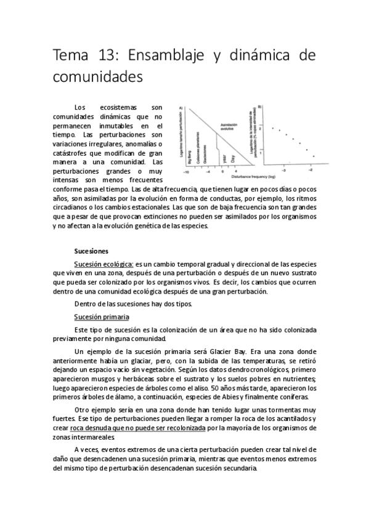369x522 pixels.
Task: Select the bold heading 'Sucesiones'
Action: [x=91, y=251]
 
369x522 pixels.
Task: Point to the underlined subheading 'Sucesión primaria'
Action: [x=101, y=316]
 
